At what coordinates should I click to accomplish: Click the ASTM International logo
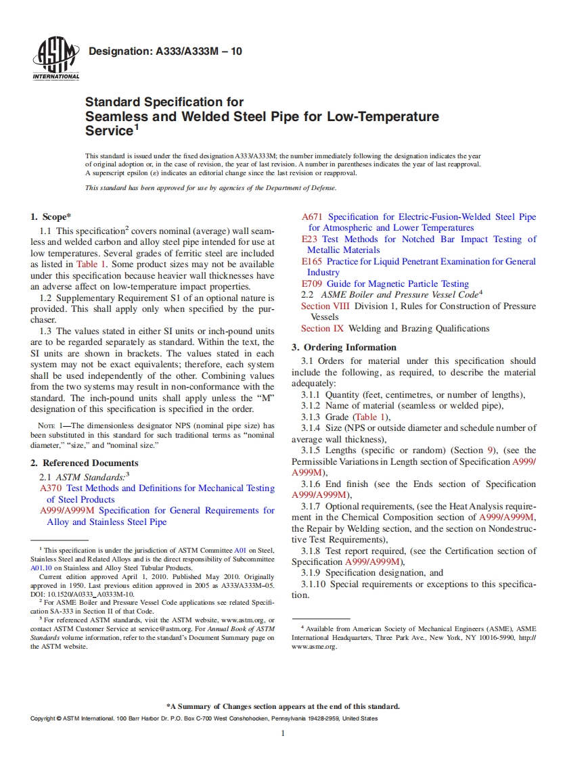[55, 60]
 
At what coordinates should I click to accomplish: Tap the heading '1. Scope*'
[51, 217]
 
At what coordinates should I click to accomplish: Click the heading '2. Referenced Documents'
[85, 463]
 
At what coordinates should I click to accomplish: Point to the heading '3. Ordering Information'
[344, 348]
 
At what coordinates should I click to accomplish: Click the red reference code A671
[312, 217]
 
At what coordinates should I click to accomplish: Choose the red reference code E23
[309, 239]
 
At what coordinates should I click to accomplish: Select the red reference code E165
[312, 262]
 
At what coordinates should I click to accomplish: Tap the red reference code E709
[312, 284]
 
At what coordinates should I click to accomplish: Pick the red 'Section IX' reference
[322, 329]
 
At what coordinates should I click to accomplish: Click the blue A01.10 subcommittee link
[41, 568]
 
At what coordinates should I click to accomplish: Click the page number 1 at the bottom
[283, 733]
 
